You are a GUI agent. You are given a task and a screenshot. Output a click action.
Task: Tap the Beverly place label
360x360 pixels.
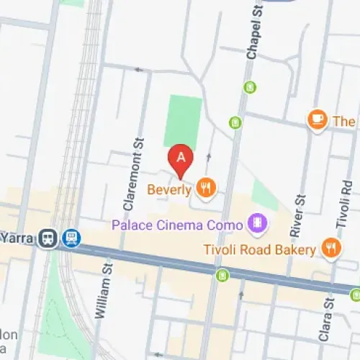tap(169, 190)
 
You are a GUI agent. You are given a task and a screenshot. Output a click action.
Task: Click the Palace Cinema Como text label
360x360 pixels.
tap(177, 225)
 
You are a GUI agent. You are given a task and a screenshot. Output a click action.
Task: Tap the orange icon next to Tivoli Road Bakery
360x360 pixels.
tap(330, 249)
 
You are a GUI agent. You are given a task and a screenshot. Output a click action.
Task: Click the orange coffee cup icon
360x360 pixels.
tap(316, 120)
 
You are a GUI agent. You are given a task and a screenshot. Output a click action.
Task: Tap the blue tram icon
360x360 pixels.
tap(71, 238)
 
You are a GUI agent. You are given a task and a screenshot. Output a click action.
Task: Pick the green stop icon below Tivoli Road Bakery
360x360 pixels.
tap(222, 274)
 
